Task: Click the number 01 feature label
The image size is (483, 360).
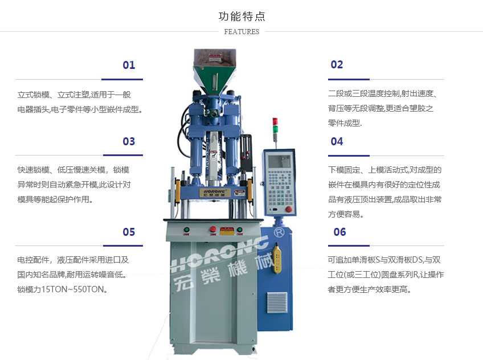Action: (129, 65)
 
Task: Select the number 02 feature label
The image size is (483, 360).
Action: (337, 65)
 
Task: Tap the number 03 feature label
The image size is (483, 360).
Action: (129, 141)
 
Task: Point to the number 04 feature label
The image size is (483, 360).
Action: (337, 141)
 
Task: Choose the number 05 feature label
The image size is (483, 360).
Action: (129, 232)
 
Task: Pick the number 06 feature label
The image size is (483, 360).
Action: (339, 232)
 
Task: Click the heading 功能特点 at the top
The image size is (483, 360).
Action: (241, 17)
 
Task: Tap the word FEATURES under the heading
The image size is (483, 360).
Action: (241, 32)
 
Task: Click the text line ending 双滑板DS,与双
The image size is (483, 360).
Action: (384, 260)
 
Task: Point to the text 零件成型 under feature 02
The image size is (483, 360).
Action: (345, 122)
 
